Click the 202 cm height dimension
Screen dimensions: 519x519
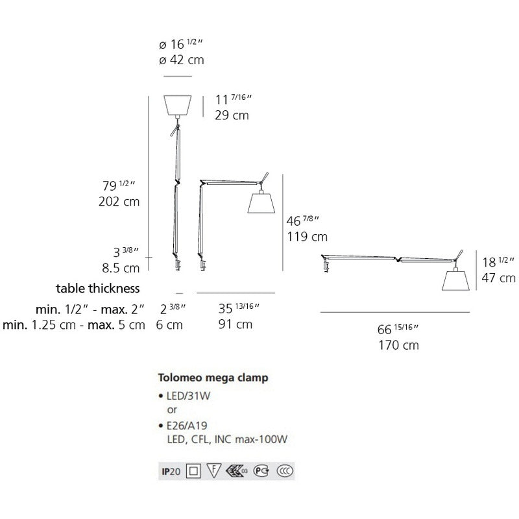click(119, 201)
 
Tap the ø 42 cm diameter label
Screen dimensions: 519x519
click(182, 60)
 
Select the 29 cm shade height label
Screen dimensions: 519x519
click(232, 115)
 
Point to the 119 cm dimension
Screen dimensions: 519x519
click(307, 237)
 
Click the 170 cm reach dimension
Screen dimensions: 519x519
click(398, 345)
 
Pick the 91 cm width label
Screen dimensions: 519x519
click(235, 324)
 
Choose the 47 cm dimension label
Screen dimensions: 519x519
click(498, 278)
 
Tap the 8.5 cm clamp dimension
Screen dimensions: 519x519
click(121, 268)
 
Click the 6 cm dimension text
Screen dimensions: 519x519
click(169, 325)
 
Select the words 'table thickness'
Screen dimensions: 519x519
click(98, 288)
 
